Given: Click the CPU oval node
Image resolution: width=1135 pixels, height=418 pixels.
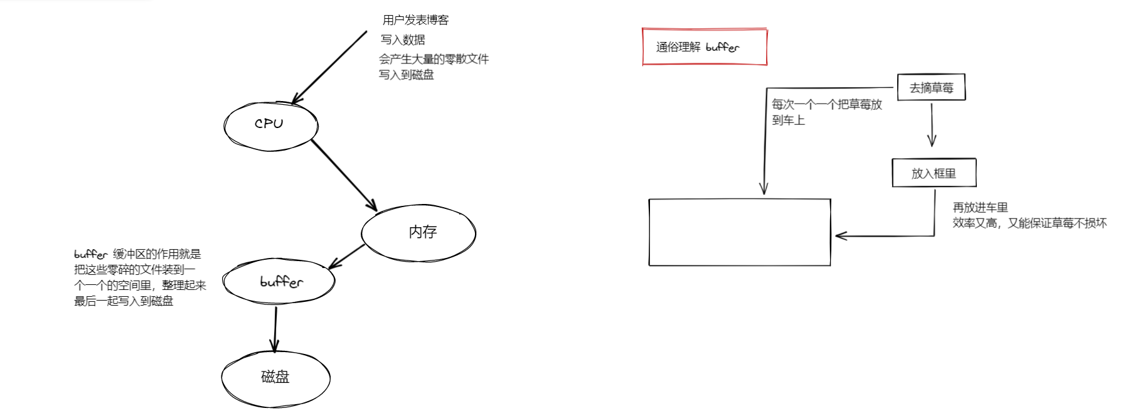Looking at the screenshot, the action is pos(270,125).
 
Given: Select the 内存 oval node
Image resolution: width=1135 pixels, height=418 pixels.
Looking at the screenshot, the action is pos(419,233).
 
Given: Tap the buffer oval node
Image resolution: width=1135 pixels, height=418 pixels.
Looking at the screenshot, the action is pos(280,282).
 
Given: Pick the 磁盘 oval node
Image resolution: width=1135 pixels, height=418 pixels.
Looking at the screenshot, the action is pos(275,377).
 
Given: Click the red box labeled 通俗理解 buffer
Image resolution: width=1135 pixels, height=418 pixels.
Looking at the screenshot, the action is pos(704,47).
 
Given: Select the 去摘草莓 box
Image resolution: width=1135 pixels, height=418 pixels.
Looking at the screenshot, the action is pos(931,88).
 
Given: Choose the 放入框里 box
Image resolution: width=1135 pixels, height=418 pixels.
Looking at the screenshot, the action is pos(934,173).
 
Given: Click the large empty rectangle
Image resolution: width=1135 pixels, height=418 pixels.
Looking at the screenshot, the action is pos(739,232).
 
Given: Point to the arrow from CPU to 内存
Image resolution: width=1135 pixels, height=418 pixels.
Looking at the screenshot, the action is pos(344,175).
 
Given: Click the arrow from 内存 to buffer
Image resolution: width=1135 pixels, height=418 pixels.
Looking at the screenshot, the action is pos(346,256).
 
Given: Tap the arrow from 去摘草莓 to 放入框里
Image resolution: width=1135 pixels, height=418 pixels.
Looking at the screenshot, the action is pos(932,124).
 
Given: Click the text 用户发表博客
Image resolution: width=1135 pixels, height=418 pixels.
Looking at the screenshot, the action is pos(415,20).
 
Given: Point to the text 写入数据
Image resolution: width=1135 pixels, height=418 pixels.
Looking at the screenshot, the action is pos(403,40).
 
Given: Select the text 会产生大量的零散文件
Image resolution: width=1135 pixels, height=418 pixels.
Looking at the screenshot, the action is pos(434,59).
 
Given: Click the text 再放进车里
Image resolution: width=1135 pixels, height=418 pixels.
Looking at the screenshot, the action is pos(980,207).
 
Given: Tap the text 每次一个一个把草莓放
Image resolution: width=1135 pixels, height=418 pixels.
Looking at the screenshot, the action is pos(826,104).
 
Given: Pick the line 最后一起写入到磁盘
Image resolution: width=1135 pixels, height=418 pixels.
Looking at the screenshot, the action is pos(124,301).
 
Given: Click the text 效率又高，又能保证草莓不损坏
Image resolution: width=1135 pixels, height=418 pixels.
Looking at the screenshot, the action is pos(1029,223).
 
